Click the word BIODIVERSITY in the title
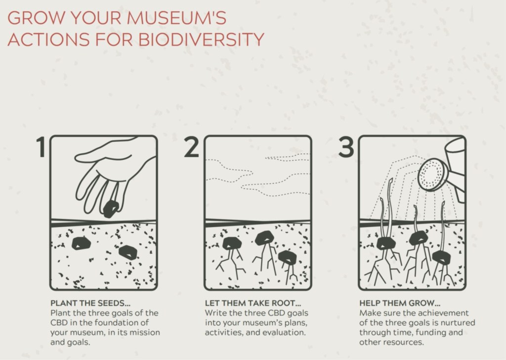coord(202,39)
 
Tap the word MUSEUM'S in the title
coord(176,18)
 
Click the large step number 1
coord(41,147)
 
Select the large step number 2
coord(191,147)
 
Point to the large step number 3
coord(346,147)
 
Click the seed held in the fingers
coord(111,209)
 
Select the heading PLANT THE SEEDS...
coord(90,303)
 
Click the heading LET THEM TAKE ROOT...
coord(253,303)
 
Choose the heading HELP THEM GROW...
coord(400,303)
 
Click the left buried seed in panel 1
coord(81,243)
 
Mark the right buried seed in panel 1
coord(128,253)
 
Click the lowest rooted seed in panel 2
coord(287,257)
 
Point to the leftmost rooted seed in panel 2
coord(231,243)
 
